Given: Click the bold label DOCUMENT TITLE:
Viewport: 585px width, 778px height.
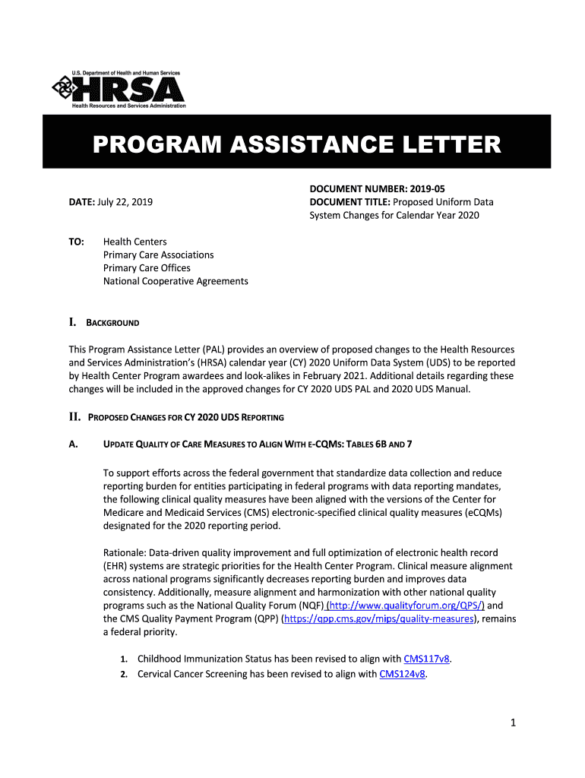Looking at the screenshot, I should tap(349, 202).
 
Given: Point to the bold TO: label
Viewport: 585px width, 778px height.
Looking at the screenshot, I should tap(76, 242).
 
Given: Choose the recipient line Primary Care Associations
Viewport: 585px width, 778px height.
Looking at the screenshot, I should tap(158, 255).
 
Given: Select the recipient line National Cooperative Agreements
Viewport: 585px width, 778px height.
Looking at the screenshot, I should tap(175, 281).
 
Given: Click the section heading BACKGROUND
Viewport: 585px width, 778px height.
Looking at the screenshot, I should tap(112, 323).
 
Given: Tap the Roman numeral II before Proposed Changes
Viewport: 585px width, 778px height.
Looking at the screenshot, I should tap(74, 417).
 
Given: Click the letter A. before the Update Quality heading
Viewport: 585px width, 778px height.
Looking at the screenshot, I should tap(73, 444).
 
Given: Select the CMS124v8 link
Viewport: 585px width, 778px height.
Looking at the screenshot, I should tap(403, 673).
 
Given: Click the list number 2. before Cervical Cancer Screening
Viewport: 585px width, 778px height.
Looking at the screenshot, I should tap(123, 674).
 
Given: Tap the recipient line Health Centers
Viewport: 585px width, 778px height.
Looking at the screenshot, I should tap(134, 242).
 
